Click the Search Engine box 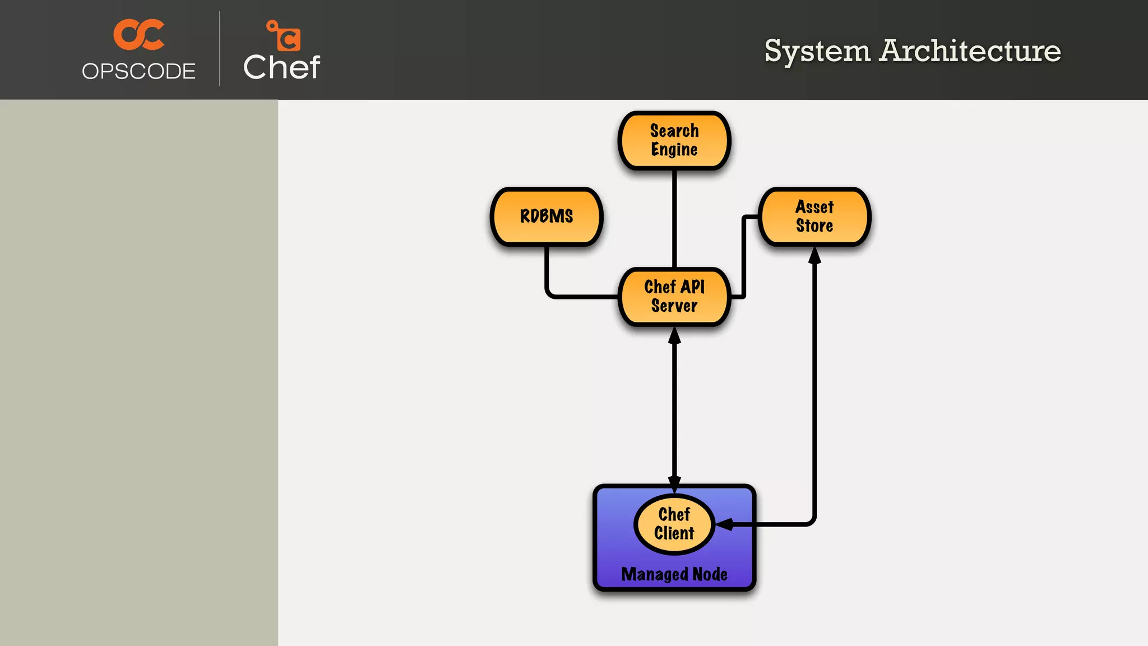click(674, 140)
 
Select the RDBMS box click(547, 216)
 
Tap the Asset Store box click(814, 216)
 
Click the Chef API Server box click(674, 297)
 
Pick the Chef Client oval click(674, 524)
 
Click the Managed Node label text click(674, 574)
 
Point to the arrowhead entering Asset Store click(814, 256)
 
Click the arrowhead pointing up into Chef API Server click(674, 336)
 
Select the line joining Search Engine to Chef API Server click(674, 219)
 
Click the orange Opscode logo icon click(139, 35)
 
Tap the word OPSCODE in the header click(138, 71)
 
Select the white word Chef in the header click(281, 67)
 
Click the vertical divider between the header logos click(220, 49)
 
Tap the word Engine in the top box click(674, 150)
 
